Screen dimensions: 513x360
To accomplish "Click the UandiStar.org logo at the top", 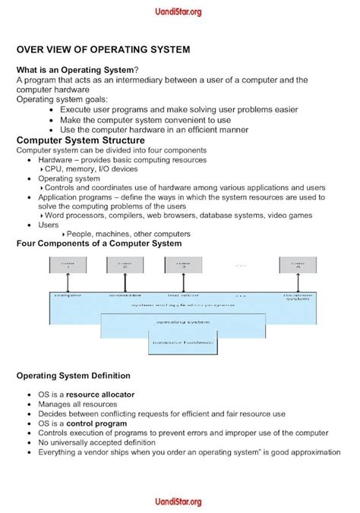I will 180,11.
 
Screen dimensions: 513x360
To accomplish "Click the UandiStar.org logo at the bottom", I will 180,502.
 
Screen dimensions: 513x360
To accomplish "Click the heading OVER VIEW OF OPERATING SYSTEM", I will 103,49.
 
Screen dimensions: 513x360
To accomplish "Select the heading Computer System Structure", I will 81,140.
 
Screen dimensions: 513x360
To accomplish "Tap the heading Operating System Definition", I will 74,376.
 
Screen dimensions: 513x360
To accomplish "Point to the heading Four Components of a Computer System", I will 99,244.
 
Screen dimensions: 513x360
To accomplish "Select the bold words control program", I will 96,423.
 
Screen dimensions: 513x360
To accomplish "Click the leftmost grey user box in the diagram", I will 68,266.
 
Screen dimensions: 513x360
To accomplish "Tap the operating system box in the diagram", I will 183,322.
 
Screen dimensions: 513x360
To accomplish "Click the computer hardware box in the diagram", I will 182,343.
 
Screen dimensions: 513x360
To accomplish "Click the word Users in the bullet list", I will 49,225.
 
